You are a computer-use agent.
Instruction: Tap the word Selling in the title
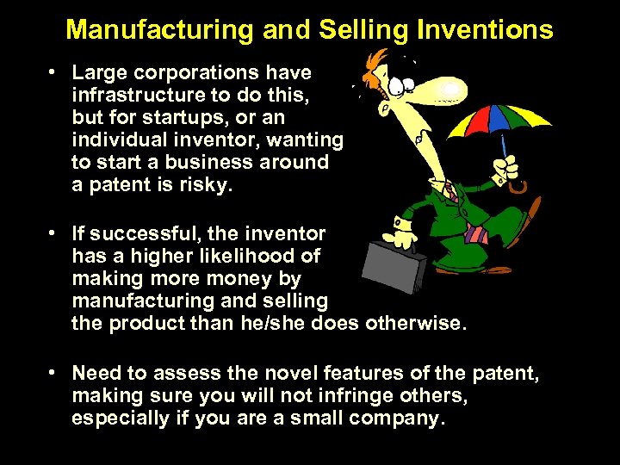(361, 30)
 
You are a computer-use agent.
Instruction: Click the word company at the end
(397, 418)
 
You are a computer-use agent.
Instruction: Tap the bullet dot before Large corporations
(53, 72)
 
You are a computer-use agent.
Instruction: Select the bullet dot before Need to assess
(53, 373)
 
